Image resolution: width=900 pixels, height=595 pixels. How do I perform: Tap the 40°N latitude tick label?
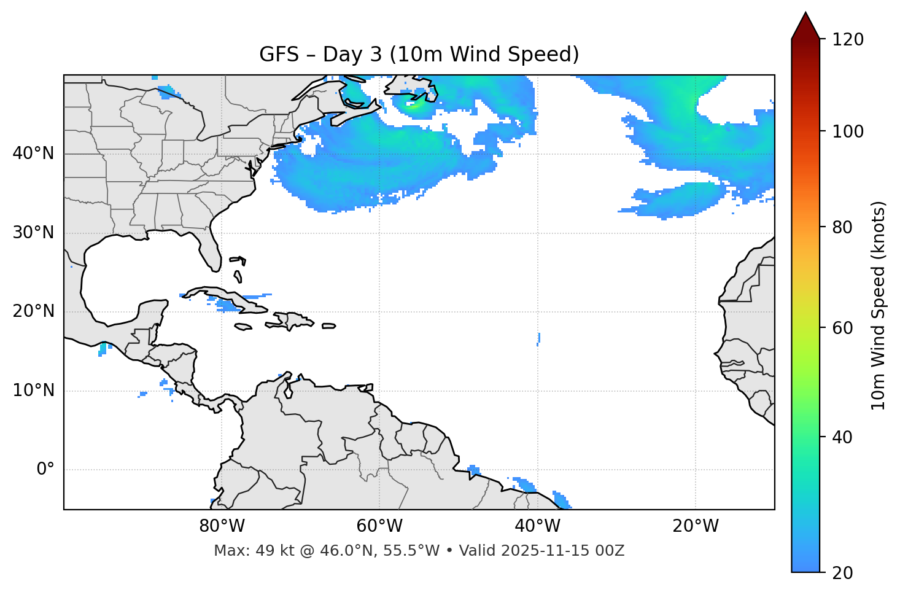click(x=33, y=154)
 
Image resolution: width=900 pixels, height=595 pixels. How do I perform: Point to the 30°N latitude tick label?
click(x=33, y=233)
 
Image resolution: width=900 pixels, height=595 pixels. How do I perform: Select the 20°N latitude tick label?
click(x=33, y=311)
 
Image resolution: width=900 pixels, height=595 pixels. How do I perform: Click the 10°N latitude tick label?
click(x=33, y=391)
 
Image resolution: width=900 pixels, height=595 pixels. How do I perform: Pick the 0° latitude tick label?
click(x=45, y=470)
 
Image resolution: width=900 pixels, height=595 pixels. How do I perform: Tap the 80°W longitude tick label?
click(x=222, y=526)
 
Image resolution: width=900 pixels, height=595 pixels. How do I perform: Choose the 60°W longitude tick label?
click(x=379, y=526)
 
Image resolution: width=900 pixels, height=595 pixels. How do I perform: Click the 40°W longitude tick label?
click(x=537, y=526)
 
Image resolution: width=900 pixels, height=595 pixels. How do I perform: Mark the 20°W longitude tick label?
click(x=696, y=526)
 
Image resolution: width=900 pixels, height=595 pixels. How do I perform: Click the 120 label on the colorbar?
click(x=848, y=40)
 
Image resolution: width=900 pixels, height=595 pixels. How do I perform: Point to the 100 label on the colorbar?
click(x=848, y=131)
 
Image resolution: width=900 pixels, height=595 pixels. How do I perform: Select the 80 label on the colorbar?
click(x=844, y=227)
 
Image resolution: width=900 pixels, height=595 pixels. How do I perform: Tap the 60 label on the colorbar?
click(x=844, y=328)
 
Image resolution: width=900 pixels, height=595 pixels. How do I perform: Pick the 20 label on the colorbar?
click(x=844, y=573)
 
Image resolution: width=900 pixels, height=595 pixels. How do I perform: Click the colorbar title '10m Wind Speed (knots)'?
click(x=879, y=305)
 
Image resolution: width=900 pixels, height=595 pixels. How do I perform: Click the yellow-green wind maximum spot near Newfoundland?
click(x=414, y=106)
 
